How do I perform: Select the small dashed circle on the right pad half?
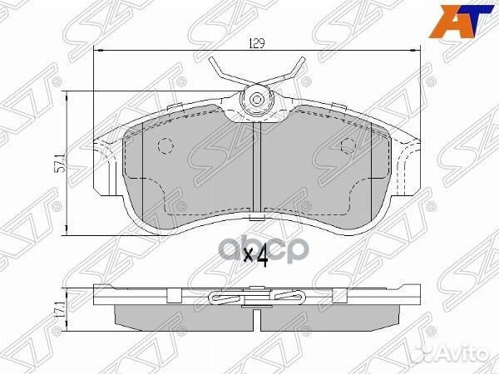(349, 146)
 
